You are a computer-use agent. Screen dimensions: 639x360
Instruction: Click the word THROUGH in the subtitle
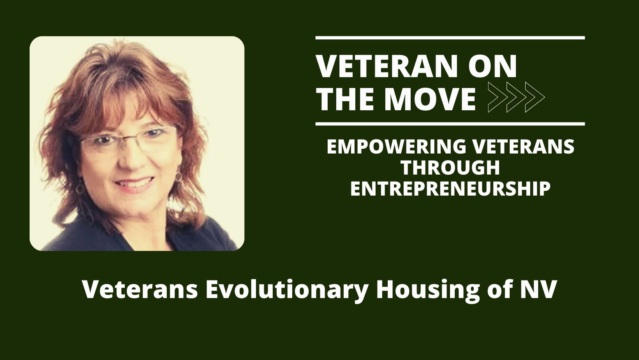450,168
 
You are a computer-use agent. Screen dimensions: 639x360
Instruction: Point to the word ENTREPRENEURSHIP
450,189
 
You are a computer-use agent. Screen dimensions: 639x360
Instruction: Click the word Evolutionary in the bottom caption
286,290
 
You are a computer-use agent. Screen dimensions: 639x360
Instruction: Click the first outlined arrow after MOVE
498,97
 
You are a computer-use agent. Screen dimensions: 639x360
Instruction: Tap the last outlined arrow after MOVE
535,97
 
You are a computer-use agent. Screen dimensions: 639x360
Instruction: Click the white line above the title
450,38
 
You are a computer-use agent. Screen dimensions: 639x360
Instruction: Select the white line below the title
450,124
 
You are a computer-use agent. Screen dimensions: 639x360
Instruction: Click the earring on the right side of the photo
178,177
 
